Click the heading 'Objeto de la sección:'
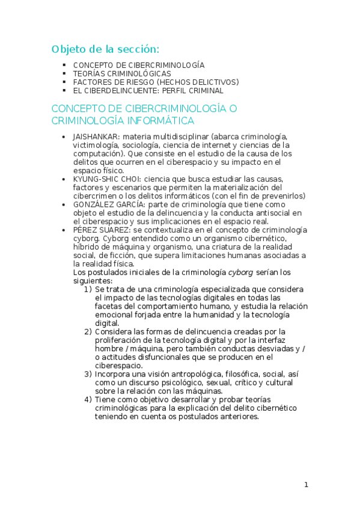point(105,49)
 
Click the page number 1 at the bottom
point(306,485)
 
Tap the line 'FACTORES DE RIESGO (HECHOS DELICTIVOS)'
point(156,82)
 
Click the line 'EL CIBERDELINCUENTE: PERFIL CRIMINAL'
point(148,90)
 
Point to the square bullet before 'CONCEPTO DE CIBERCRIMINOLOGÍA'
point(64,65)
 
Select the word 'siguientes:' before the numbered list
point(93,281)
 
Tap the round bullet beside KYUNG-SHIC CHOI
point(64,179)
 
